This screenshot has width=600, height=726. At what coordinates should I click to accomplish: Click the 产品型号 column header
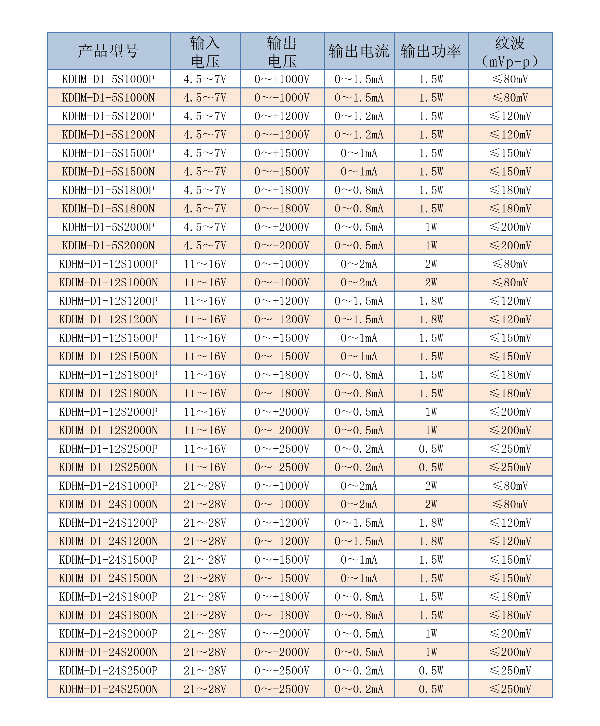(x=109, y=51)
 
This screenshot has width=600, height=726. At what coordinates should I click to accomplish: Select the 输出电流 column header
(x=359, y=51)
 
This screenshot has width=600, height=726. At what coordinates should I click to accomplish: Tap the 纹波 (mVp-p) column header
(x=510, y=51)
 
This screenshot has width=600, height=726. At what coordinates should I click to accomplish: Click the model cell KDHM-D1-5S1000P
(x=109, y=79)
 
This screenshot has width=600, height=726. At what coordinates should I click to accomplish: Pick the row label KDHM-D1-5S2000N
(x=109, y=245)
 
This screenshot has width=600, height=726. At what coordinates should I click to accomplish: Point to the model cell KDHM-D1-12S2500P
(x=109, y=449)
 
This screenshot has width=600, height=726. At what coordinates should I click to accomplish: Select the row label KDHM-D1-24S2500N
(x=109, y=689)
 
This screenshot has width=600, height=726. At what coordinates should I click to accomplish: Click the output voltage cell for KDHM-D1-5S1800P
(x=282, y=190)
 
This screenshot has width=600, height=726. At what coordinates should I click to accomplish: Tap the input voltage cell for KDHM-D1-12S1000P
(x=205, y=264)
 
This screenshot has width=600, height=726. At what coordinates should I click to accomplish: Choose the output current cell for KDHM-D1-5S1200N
(x=359, y=135)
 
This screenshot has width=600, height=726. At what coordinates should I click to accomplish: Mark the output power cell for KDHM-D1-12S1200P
(x=431, y=301)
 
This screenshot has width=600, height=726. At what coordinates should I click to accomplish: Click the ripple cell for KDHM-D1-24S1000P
(x=510, y=486)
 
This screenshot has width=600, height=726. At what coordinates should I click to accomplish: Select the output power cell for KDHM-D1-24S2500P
(x=431, y=670)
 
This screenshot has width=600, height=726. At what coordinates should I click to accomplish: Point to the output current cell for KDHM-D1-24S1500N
(x=359, y=578)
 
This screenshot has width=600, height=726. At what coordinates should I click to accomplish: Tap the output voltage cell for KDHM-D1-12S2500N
(x=282, y=467)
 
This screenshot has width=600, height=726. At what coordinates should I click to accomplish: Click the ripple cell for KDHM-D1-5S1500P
(x=510, y=153)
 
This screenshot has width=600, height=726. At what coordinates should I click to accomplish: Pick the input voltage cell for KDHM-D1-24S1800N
(x=205, y=615)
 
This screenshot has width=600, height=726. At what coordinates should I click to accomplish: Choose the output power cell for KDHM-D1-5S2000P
(x=431, y=227)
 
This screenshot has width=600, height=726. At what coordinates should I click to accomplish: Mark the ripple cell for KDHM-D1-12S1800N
(x=510, y=393)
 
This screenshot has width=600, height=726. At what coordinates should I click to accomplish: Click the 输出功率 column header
(x=431, y=51)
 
